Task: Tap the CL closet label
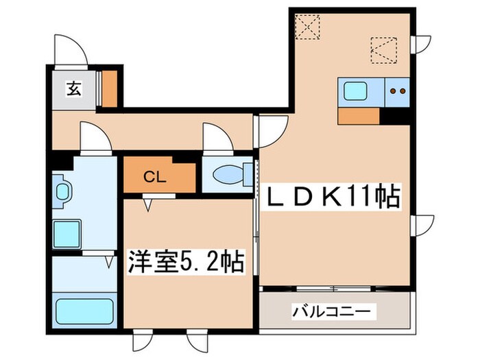[x=155, y=176]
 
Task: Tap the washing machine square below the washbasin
[x=69, y=232]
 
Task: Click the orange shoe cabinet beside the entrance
[x=109, y=88]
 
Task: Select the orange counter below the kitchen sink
[x=358, y=116]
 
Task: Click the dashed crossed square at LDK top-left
[x=308, y=28]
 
